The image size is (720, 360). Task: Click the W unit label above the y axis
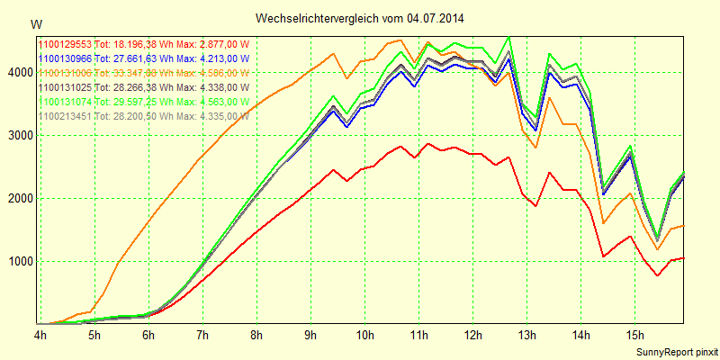coord(35,23)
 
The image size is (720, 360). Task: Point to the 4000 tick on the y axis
coord(18,73)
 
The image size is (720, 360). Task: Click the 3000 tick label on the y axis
coord(18,136)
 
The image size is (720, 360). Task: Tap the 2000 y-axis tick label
coord(18,199)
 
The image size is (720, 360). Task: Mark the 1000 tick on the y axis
coord(18,262)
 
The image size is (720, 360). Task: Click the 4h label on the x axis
coord(40,336)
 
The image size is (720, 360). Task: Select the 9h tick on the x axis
coord(310,336)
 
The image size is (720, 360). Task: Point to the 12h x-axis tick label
coord(472,336)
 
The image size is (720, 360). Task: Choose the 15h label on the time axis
coord(634,336)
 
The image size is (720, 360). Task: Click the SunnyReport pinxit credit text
coord(675,350)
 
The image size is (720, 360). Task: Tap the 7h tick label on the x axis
coord(202,336)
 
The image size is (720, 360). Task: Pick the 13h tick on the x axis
coord(526,336)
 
